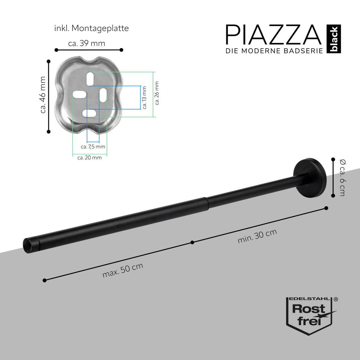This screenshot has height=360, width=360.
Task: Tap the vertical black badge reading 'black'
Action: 334,39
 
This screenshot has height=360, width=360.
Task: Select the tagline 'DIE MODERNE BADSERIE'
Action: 274,51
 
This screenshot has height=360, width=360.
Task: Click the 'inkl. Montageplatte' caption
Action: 91,28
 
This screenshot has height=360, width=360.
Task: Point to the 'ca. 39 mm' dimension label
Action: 87,43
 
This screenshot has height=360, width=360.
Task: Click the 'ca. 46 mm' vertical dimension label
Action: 43,95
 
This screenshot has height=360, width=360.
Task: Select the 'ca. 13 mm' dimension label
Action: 145,97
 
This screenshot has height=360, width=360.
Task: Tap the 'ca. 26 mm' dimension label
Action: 157,93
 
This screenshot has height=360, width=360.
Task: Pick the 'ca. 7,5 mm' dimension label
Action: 93,147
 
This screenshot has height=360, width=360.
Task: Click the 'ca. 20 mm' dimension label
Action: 89,157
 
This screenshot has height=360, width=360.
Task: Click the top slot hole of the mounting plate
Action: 90,79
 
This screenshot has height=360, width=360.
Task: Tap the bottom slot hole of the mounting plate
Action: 89,113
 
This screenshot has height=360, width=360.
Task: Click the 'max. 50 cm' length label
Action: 123,270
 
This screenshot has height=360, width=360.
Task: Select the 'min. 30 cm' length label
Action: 257,236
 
